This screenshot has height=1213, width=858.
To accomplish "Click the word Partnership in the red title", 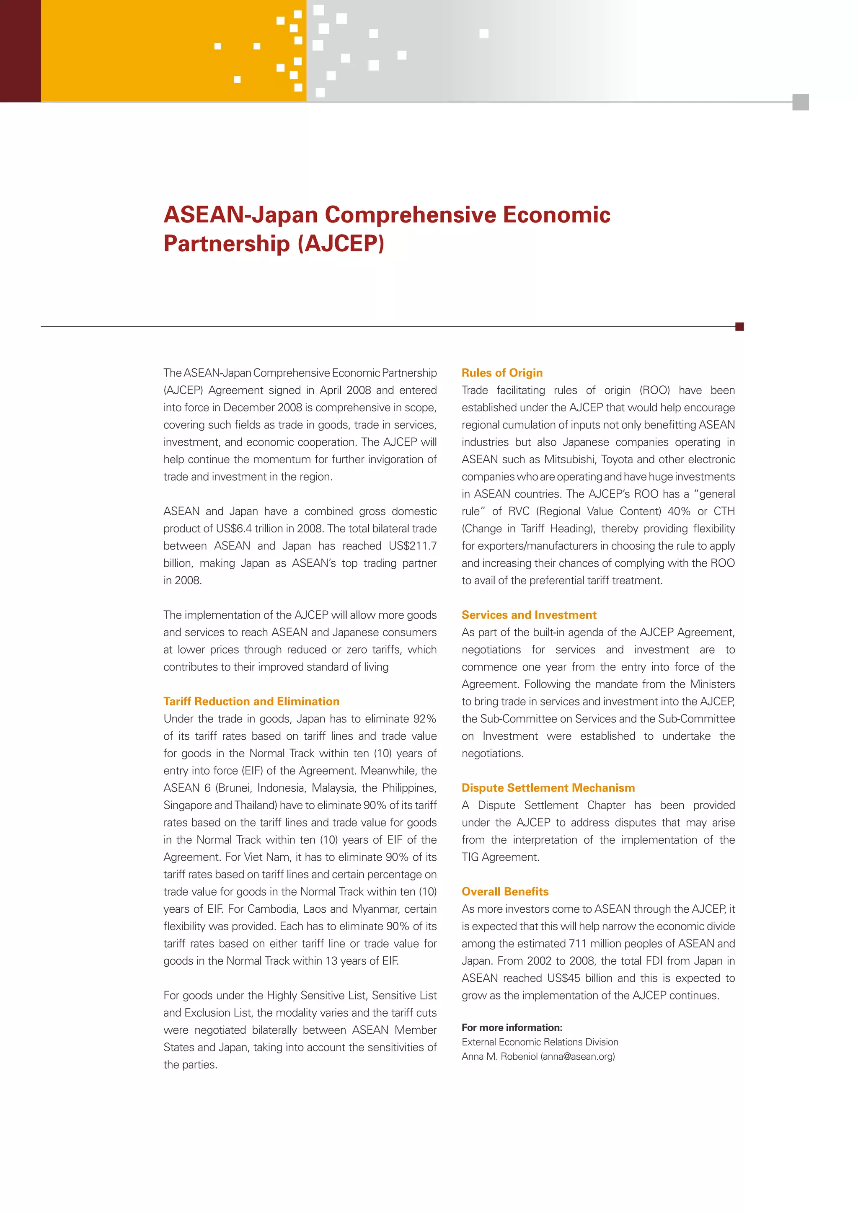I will [227, 243].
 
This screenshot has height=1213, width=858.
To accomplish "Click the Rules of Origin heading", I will [502, 372].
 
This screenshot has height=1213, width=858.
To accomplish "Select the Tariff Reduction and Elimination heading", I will [251, 701].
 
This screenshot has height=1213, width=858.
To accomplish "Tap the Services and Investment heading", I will [529, 615].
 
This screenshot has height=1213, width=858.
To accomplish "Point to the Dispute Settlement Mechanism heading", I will [548, 788].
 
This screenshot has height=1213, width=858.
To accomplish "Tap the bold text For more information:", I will [512, 1027].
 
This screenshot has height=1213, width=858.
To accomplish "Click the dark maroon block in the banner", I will [20, 51].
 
